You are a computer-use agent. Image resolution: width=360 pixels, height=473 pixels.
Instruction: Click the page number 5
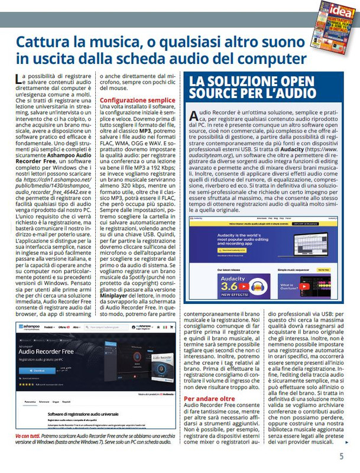coord(341,456)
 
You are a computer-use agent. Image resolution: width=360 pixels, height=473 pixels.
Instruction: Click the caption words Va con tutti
coord(26,434)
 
